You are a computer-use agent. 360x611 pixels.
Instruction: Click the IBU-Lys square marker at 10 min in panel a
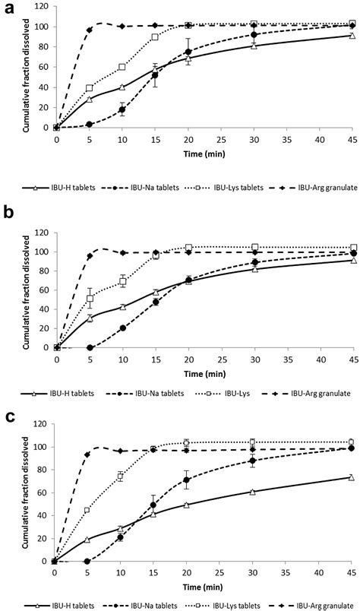coord(122,67)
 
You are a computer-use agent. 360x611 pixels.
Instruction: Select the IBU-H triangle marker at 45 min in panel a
coord(352,36)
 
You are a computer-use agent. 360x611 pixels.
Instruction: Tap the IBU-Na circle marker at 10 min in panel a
coord(122,109)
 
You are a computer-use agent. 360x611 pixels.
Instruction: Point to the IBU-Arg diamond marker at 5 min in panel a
coord(90,30)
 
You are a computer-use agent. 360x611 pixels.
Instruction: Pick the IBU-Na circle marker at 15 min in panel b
coord(156,302)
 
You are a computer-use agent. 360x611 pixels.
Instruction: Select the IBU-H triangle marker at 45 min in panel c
coord(351,499)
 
